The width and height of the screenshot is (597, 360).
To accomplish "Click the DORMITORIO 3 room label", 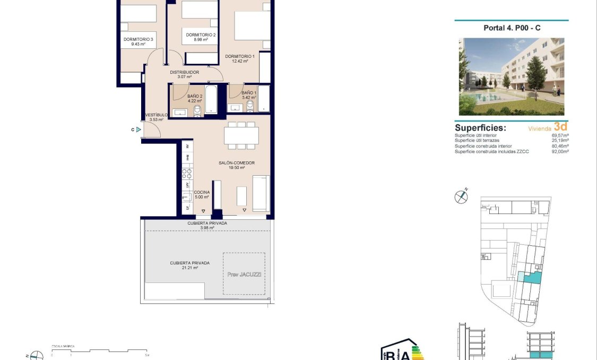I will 139,39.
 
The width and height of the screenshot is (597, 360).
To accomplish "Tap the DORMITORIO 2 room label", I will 201,35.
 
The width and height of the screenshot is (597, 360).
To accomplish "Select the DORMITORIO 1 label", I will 240,56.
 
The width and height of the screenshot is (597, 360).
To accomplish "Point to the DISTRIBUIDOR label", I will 184,72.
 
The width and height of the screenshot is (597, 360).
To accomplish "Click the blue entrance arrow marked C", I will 138,129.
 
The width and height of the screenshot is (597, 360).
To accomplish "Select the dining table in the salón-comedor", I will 241,135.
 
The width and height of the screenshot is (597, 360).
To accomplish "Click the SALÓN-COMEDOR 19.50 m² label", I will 237,163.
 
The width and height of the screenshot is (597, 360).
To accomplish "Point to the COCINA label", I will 202,192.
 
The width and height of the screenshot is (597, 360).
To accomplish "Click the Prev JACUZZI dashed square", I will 244,273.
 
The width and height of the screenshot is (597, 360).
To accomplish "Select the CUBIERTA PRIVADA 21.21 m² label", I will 189,263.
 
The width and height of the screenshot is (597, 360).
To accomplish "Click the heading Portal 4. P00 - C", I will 512,28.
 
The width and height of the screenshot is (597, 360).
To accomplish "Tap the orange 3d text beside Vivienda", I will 560,126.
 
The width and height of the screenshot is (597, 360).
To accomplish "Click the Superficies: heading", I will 480,128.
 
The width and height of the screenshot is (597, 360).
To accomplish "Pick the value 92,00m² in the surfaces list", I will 560,152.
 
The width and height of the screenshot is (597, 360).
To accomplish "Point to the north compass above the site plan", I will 461,196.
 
